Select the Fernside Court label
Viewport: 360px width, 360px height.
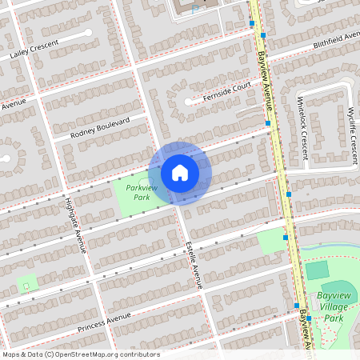(227, 94)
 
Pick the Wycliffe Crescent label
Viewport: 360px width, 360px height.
(352, 131)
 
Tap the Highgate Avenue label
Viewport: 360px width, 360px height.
(75, 225)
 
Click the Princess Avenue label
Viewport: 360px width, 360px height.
(104, 322)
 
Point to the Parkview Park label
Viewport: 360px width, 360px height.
(142, 192)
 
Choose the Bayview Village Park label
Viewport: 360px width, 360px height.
(335, 306)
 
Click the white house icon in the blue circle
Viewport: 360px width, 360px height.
(180, 173)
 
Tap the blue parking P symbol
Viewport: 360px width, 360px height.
(194, 10)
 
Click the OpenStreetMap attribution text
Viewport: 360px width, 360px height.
(81, 354)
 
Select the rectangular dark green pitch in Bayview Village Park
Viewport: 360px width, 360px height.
(318, 270)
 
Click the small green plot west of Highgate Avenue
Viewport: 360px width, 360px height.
(26, 282)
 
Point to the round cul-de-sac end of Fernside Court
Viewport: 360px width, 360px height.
(190, 102)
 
